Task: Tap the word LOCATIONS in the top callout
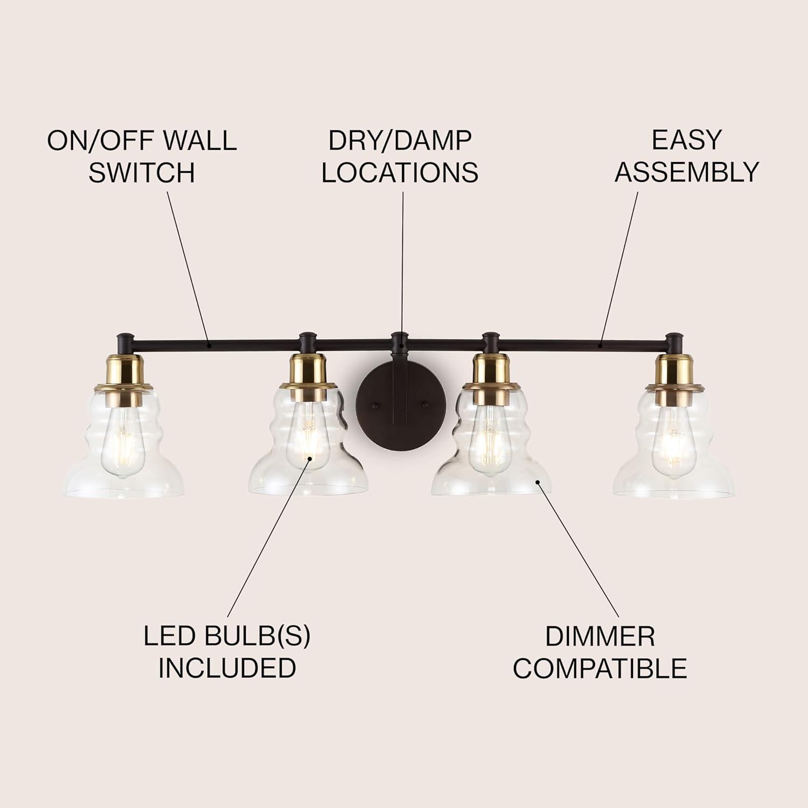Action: tap(400, 172)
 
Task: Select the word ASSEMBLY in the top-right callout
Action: tap(687, 172)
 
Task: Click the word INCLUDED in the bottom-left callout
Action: tap(227, 668)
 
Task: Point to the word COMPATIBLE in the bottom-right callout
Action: tap(600, 668)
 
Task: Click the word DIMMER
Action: tap(600, 637)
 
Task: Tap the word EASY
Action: tap(686, 140)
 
